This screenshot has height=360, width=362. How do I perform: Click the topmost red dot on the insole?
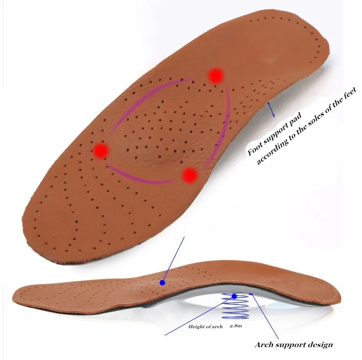point(216,75)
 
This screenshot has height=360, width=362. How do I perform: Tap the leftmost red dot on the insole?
point(101,150)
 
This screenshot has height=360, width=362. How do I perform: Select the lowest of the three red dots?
point(191,175)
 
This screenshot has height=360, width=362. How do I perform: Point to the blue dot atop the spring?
point(234,296)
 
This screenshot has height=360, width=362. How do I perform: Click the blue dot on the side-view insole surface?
point(162,282)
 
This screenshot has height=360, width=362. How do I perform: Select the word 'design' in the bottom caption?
point(317,344)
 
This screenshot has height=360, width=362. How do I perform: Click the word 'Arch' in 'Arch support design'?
point(264,344)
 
